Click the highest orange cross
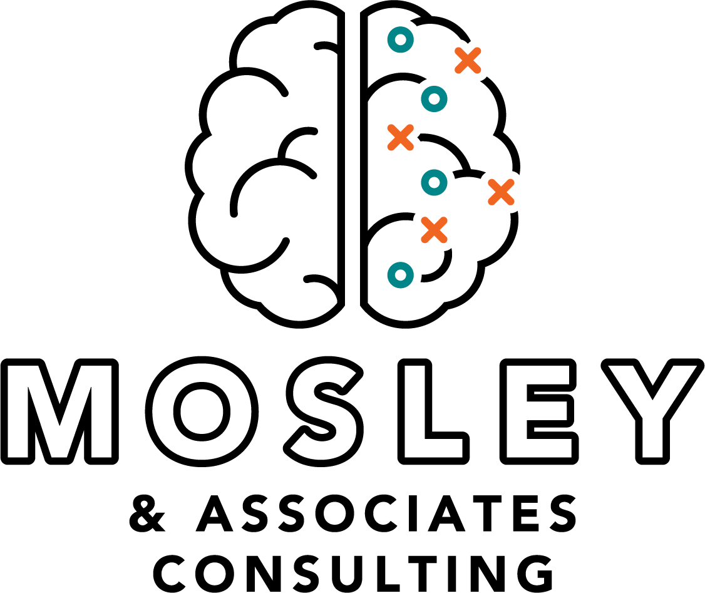(468, 60)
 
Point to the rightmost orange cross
(501, 192)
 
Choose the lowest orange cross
(434, 230)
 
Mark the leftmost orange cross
(400, 137)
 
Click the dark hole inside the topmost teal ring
(401, 39)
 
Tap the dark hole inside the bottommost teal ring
(401, 275)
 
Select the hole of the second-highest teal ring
(434, 99)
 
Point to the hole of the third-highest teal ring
(434, 182)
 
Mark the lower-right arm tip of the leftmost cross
(409, 147)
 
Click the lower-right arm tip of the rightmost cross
(510, 201)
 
